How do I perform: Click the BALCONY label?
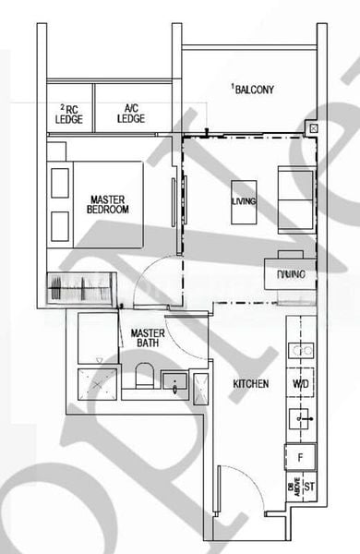click(x=254, y=90)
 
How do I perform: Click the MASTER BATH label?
click(x=148, y=338)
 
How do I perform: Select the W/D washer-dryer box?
click(x=301, y=383)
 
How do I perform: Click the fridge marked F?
click(x=301, y=455)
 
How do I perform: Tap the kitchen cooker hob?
click(x=301, y=350)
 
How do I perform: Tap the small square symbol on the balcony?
click(x=314, y=127)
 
